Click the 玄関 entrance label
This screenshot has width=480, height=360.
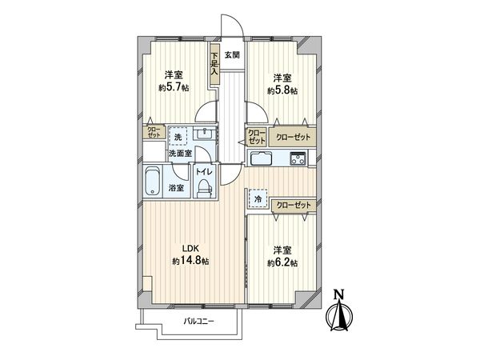[231, 55]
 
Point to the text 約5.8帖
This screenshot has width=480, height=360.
[282, 90]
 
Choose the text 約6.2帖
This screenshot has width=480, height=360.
[283, 262]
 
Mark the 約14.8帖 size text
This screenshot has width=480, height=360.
[190, 262]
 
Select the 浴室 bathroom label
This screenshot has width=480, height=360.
[175, 189]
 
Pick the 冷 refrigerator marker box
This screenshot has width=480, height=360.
[258, 198]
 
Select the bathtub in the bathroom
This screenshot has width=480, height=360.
[153, 182]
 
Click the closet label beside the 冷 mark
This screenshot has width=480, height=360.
[292, 206]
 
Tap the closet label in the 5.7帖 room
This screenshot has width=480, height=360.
[153, 131]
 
